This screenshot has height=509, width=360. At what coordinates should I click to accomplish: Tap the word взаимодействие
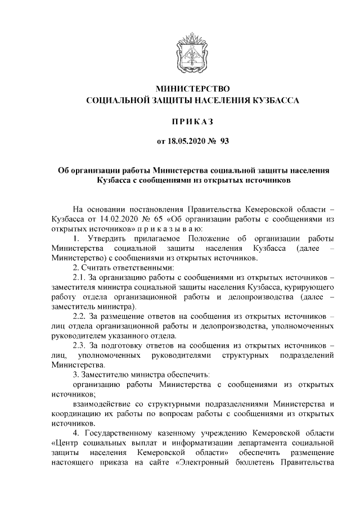pyautogui.click(x=104, y=404)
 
